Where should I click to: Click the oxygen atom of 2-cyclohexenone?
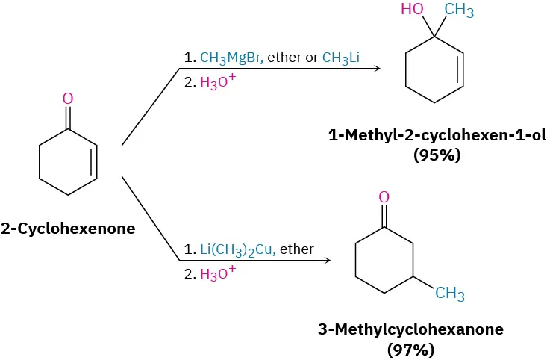[x=68, y=98]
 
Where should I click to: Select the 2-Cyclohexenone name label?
[x=68, y=229]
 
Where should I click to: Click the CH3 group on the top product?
[x=459, y=10]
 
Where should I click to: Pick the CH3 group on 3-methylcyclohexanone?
[x=449, y=294]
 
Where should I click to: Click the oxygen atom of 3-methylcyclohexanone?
[x=384, y=197]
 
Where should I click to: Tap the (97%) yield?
[x=410, y=348]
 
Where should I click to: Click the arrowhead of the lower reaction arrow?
[x=326, y=261]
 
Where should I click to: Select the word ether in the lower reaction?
[x=297, y=249]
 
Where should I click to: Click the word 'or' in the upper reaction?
[x=311, y=57]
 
